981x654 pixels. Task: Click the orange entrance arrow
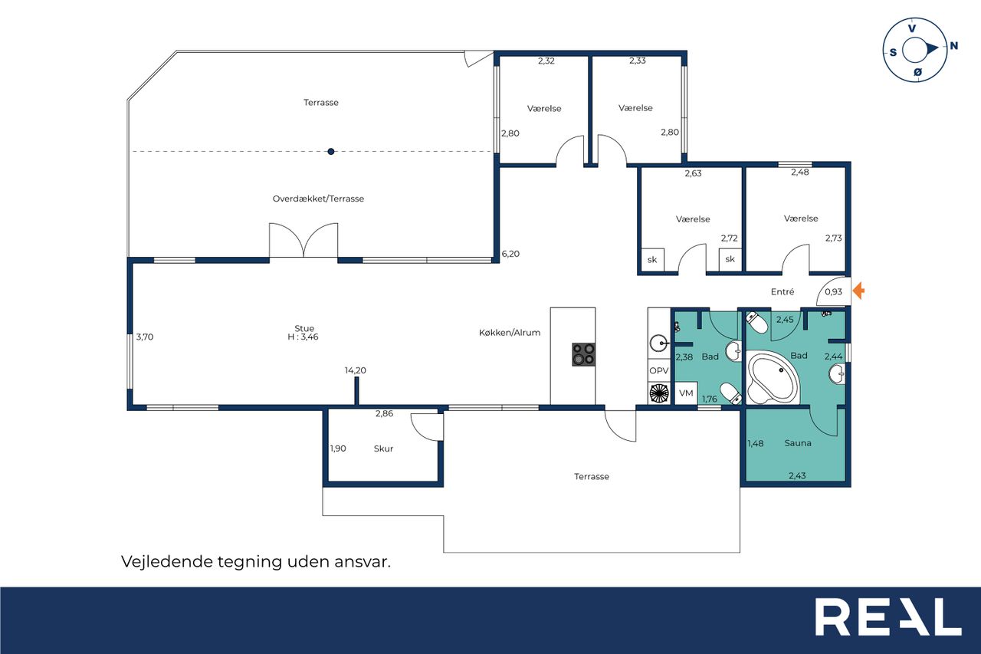[859, 291]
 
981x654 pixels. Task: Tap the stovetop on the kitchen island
[584, 354]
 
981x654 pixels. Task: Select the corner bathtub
[773, 377]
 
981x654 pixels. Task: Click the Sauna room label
[798, 443]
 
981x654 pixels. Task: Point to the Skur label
[383, 449]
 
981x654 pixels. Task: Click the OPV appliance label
[658, 370]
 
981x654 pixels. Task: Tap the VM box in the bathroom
[686, 393]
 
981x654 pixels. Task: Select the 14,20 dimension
[355, 370]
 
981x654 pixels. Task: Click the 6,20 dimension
[510, 254]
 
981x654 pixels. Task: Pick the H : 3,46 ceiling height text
[303, 337]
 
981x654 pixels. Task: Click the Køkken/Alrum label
[510, 333]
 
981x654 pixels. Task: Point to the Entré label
[783, 292]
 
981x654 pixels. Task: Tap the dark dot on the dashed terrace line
[331, 152]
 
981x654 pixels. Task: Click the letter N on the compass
[953, 45]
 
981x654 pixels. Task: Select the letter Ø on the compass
[917, 72]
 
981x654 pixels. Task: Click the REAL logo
[887, 616]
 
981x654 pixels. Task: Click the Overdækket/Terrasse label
[318, 199]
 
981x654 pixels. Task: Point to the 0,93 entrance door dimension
[833, 292]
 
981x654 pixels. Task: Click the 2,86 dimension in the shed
[384, 413]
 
